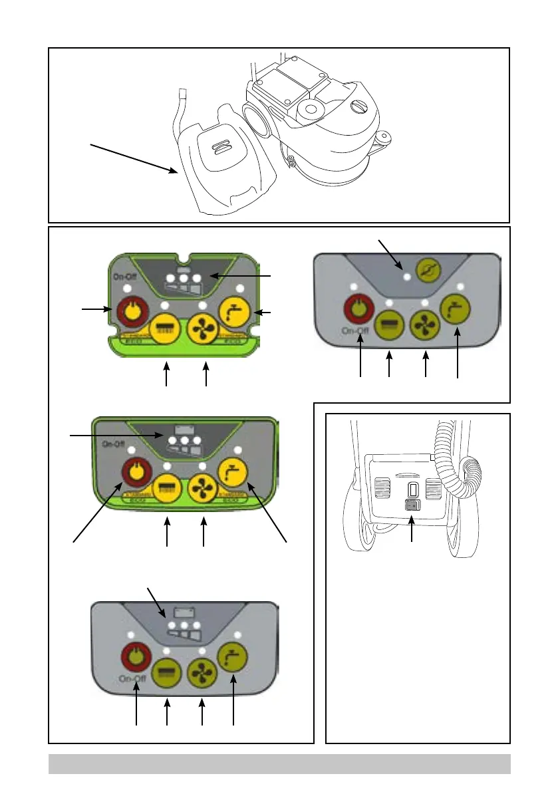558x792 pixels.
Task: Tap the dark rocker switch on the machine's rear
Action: [412, 505]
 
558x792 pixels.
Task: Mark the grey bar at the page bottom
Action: [279, 764]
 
